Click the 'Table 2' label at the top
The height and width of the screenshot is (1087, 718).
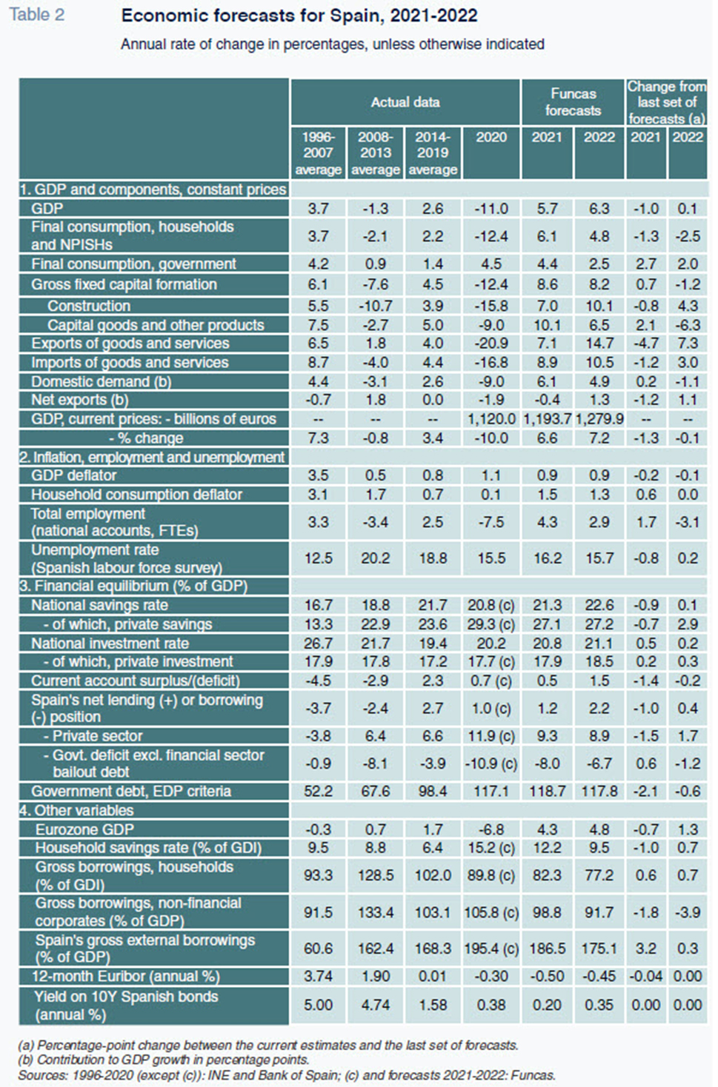[x=37, y=15]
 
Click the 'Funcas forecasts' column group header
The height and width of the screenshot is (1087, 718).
[x=573, y=102]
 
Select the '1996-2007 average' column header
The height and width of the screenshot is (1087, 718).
[x=319, y=153]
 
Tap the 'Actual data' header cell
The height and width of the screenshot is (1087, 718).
[x=405, y=102]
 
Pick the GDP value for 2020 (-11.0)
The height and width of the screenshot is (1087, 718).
[x=491, y=209]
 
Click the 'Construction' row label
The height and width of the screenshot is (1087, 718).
[x=89, y=306]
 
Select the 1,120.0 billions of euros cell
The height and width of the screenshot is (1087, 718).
[x=491, y=419]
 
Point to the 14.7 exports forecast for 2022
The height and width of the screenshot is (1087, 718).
[x=599, y=344]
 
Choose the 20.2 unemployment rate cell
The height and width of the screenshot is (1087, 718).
[x=375, y=558]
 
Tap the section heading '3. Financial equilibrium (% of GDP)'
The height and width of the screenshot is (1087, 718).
[x=133, y=586]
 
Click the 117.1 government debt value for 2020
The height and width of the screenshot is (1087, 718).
[x=491, y=792]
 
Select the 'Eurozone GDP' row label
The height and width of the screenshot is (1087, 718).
[x=84, y=829]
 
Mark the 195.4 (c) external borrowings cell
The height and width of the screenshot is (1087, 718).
[x=491, y=949]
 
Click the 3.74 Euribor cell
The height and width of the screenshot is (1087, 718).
[x=319, y=977]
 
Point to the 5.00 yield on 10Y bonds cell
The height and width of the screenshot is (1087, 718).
[x=319, y=1005]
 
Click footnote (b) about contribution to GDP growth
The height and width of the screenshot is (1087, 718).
[x=163, y=1060]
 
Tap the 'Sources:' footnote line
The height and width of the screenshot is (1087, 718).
[x=287, y=1075]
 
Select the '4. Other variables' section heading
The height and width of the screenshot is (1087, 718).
[x=76, y=810]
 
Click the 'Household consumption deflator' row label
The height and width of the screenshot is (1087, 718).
[x=136, y=495]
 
